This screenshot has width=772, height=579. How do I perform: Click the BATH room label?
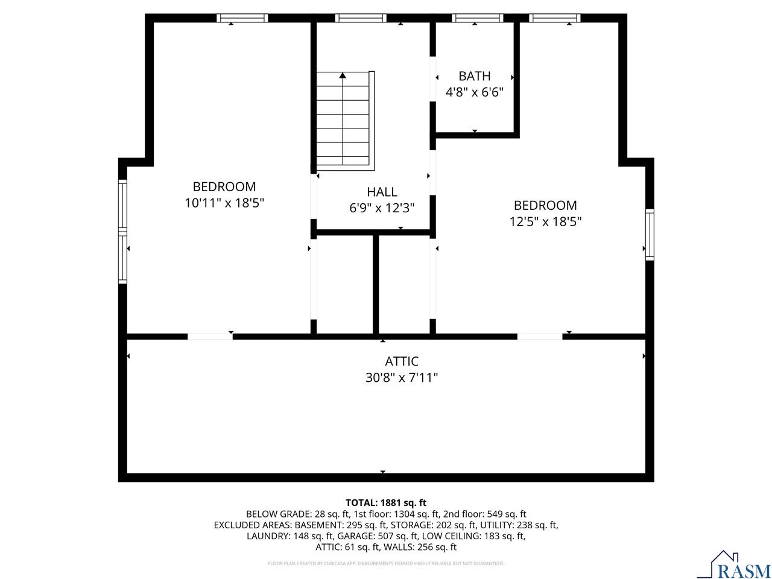pos(474,76)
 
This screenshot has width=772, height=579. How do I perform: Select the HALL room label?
pos(382,192)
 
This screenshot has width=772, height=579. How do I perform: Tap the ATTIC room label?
pos(402,361)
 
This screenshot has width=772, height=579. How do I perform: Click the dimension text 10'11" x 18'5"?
pos(224,203)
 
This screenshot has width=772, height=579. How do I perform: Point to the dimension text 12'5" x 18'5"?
pos(545,221)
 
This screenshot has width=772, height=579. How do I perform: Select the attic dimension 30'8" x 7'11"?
pos(402,378)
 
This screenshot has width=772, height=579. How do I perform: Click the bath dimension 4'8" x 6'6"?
pos(474,92)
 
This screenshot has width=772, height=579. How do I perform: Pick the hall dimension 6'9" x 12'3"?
pos(382,208)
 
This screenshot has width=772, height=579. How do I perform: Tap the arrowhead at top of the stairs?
pos(343,75)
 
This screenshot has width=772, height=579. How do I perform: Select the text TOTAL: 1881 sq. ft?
pos(386,502)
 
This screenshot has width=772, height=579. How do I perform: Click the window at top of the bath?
pos(477,18)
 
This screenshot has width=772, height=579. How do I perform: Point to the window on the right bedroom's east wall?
pos(650,234)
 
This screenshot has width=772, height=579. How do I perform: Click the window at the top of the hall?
pos(361,18)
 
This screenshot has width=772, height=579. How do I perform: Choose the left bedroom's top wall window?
pos(242,18)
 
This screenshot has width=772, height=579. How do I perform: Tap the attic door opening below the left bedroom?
pos(210,336)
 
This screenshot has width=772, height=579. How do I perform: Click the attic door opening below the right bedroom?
pos(540,336)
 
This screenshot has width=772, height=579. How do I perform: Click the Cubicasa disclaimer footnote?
pos(386,563)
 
